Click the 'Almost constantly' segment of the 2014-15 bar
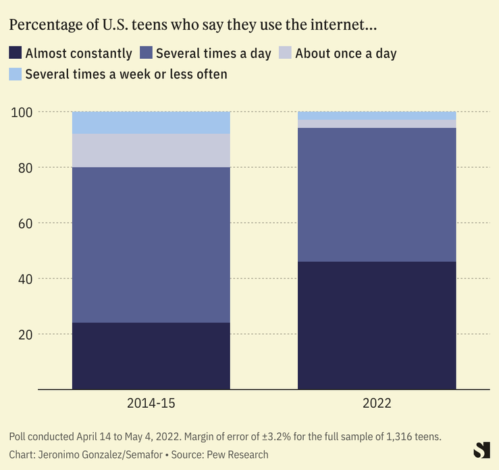(151, 356)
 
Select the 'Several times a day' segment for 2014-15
(151, 245)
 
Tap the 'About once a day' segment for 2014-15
(151, 150)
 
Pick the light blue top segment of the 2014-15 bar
(151, 122)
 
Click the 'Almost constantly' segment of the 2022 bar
(377, 325)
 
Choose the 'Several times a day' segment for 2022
(377, 195)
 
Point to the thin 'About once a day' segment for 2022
(377, 124)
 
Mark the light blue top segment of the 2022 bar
(377, 116)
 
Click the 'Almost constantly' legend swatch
(16, 53)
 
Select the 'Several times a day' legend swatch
(146, 53)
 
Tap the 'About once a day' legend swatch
(285, 53)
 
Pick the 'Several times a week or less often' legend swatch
(16, 74)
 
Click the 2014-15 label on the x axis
(151, 404)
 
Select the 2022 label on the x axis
(377, 404)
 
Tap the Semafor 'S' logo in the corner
(481, 451)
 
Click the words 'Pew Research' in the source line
(238, 454)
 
